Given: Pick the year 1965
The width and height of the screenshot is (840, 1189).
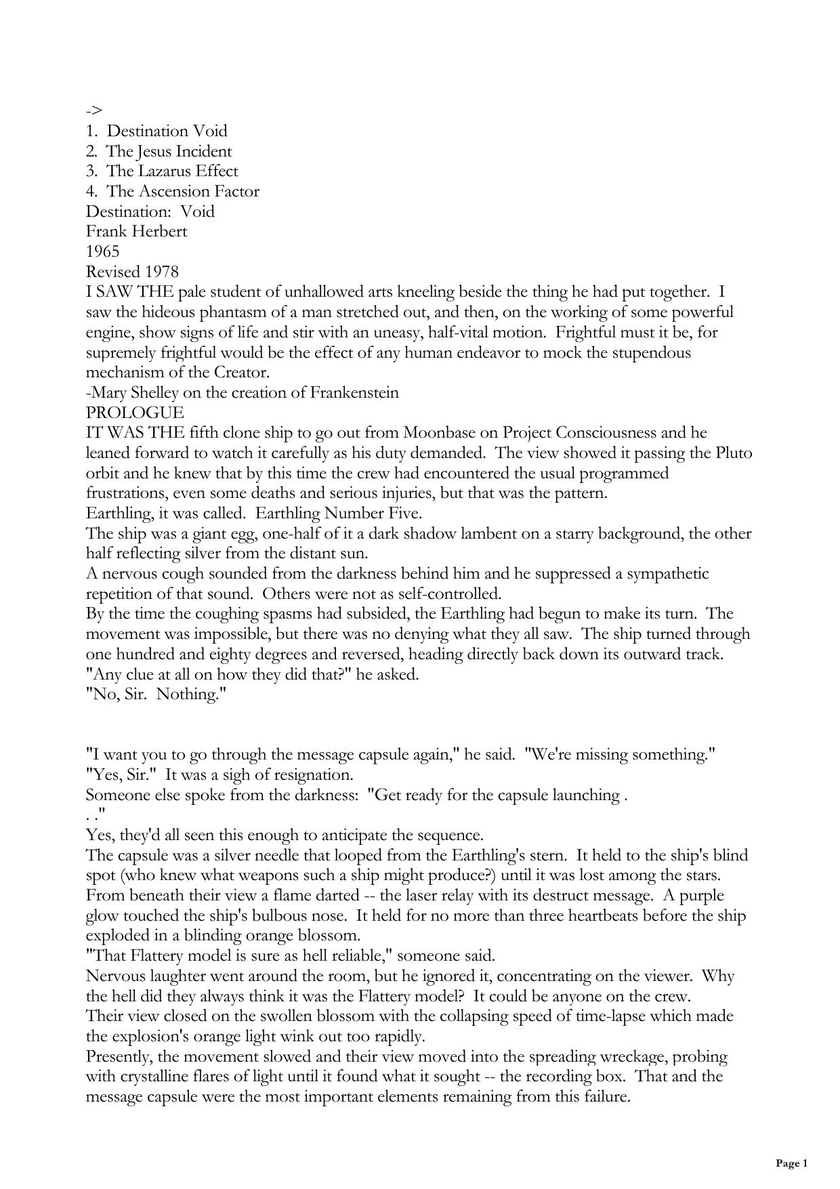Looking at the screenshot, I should click(x=102, y=251).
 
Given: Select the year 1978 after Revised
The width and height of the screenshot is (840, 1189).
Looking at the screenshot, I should click(x=161, y=272).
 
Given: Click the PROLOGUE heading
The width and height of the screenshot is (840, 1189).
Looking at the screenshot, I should click(x=134, y=413).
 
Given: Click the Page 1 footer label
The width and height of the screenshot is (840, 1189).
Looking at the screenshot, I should click(x=791, y=1164).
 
